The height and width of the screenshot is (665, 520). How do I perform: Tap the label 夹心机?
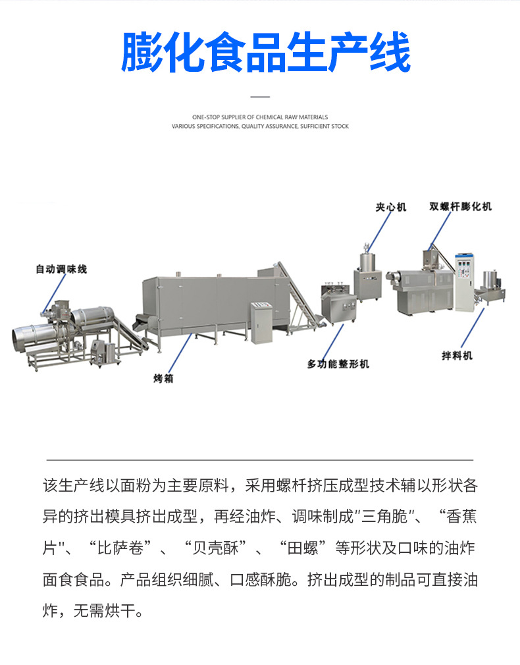(391, 207)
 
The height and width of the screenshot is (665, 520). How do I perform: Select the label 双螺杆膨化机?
(460, 206)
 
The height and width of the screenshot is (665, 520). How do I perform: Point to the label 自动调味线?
(61, 269)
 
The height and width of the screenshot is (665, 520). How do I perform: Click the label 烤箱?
(163, 379)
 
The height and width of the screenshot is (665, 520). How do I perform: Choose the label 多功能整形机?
(338, 364)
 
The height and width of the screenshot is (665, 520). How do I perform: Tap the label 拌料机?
(457, 355)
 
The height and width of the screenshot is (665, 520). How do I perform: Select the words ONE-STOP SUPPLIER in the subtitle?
(210, 117)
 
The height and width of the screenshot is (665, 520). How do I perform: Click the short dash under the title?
(261, 97)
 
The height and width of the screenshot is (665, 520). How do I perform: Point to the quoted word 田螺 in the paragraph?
(305, 547)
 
